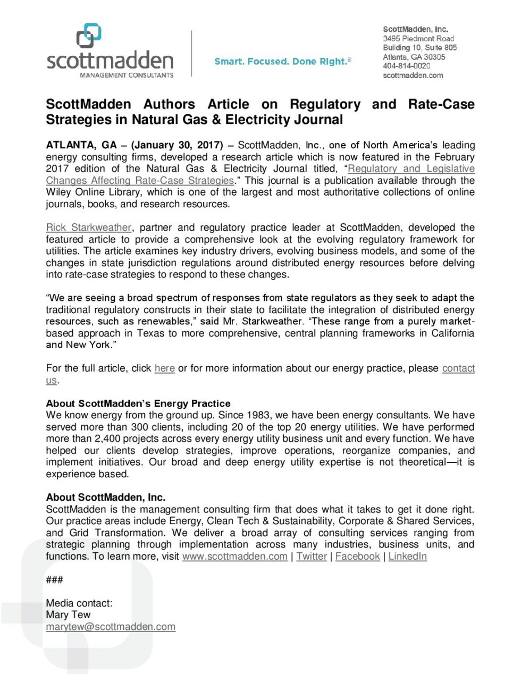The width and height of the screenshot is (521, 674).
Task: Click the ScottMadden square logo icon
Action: (89, 36)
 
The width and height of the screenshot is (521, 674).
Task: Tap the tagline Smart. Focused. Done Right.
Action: (282, 62)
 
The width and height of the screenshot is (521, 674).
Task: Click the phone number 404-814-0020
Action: (406, 66)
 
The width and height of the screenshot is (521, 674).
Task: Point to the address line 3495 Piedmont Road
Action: (418, 38)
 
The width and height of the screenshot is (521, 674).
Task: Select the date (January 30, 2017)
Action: (177, 145)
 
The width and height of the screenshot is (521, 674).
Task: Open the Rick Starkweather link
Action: (88, 228)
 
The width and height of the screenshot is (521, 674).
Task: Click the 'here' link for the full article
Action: (164, 368)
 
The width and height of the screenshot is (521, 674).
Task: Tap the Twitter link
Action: (312, 557)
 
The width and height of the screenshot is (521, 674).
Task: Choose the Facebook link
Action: (357, 557)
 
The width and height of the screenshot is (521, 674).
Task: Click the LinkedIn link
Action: (407, 557)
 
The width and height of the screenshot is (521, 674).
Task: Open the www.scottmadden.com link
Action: (234, 557)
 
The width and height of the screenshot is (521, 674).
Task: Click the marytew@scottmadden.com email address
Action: (111, 627)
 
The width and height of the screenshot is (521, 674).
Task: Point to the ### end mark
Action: (54, 580)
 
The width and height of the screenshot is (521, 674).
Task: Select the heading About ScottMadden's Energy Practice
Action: (138, 403)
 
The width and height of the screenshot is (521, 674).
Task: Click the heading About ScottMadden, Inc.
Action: (106, 498)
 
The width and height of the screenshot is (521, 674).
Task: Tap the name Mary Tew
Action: (68, 615)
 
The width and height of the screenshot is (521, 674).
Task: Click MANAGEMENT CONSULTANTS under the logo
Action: (127, 75)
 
